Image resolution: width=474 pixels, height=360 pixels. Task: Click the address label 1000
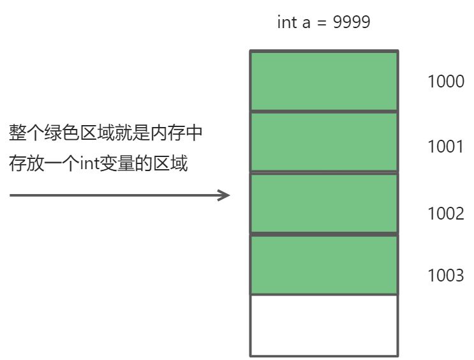tap(446, 82)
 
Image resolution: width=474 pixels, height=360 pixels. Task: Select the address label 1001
tap(446, 147)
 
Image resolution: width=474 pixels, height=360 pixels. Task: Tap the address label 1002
tap(446, 213)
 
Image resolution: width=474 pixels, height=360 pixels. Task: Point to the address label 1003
tap(446, 275)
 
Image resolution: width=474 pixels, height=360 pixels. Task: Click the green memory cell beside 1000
tap(323, 81)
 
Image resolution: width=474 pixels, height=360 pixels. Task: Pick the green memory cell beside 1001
tap(323, 142)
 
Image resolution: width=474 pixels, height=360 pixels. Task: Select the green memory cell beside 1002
tap(323, 203)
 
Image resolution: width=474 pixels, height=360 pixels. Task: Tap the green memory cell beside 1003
tap(323, 264)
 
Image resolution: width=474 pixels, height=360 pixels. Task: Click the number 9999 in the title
tap(352, 22)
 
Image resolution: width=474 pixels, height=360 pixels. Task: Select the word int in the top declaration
tap(287, 22)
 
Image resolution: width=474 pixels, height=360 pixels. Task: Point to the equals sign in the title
tap(323, 23)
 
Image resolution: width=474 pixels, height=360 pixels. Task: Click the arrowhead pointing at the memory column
tap(224, 195)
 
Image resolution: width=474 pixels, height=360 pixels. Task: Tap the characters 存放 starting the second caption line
tap(26, 164)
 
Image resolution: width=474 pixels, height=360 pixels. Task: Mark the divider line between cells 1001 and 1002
tap(323, 173)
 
